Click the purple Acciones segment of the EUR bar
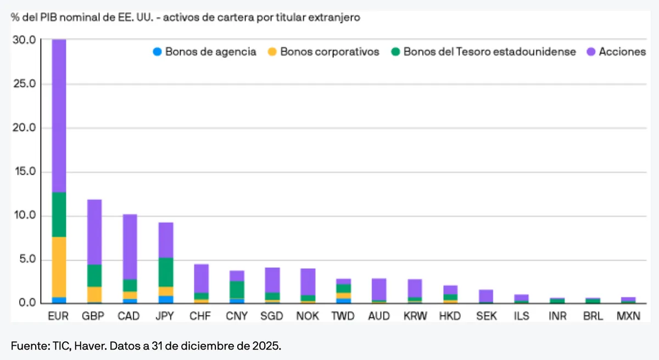click(59, 115)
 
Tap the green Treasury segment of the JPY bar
click(166, 272)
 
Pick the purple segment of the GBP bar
click(94, 232)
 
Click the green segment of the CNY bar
click(237, 289)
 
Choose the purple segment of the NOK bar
click(308, 282)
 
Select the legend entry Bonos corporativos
click(329, 52)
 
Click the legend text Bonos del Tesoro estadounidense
click(489, 52)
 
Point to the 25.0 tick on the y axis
click(24, 84)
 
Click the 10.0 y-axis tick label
click(24, 216)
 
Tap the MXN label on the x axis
click(628, 316)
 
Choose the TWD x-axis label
click(343, 316)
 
